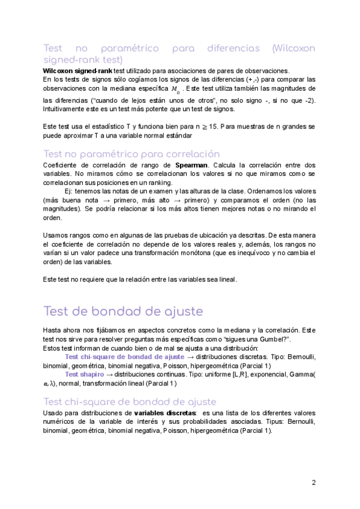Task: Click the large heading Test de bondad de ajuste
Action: (123, 312)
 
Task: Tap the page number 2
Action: (313, 483)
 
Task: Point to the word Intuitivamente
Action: (67, 109)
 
